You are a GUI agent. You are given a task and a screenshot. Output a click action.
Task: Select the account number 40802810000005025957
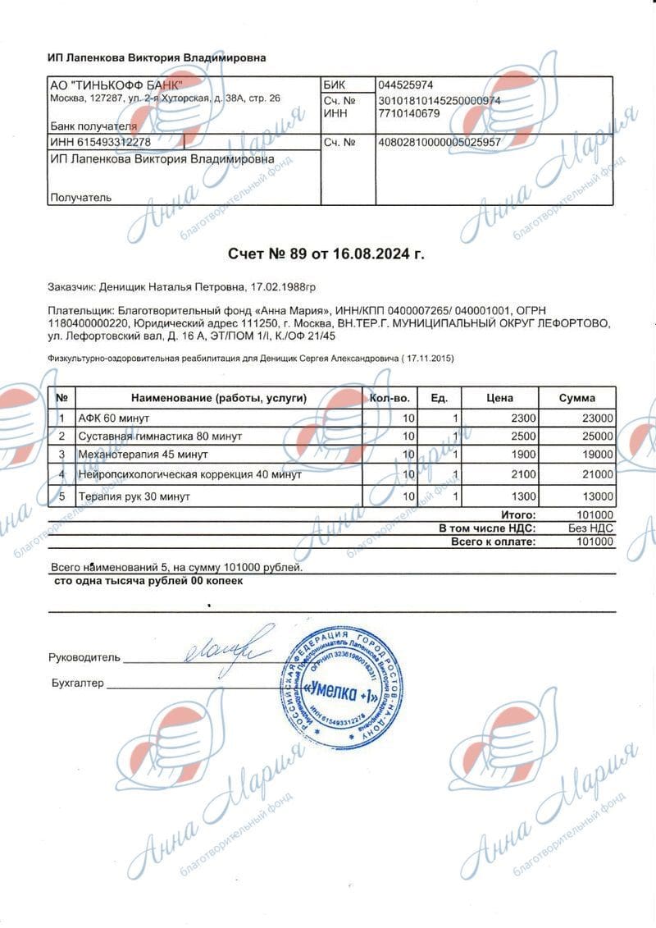439,142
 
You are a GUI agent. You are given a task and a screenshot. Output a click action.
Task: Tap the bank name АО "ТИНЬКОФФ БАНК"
117,85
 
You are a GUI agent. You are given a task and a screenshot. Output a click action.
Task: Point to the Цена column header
499,398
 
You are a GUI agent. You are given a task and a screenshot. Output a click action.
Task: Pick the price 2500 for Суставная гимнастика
522,436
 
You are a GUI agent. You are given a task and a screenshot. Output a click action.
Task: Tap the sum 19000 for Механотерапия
597,455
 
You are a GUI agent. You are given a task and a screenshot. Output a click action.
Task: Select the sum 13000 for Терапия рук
597,496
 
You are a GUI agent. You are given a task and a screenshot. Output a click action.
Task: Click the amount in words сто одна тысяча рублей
148,580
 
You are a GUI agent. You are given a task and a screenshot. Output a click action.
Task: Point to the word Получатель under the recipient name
80,197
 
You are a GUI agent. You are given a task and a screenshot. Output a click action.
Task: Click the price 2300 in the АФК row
522,417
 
